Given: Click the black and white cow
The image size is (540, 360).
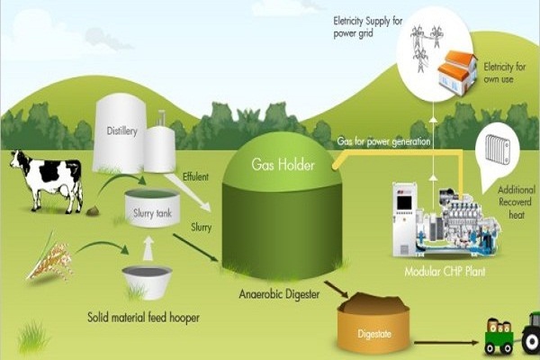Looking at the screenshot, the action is [49, 180].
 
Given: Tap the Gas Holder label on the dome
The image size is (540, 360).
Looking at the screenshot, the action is [283, 165].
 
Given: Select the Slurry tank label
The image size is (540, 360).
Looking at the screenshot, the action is [152, 213].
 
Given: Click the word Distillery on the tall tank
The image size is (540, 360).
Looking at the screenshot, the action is [121, 130].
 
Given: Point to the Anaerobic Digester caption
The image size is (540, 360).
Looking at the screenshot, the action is [279, 294].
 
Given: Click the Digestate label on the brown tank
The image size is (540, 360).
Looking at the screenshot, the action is [374, 334].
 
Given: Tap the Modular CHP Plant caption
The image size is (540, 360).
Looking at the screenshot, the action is [445, 272].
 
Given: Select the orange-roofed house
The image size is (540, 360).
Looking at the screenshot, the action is [458, 73].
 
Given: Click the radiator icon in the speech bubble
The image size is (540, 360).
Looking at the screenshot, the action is [498, 148].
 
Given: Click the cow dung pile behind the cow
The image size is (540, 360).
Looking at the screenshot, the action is [93, 211].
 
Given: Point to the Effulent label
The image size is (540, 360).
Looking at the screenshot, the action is [195, 177].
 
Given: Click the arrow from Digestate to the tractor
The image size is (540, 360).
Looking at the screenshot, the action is [446, 343].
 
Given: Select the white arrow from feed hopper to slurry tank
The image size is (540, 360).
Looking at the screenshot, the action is [148, 248].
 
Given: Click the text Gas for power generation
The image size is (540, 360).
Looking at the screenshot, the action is [383, 141].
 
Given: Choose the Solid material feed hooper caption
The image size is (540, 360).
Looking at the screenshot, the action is [144, 318].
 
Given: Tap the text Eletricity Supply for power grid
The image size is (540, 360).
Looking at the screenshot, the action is [368, 27].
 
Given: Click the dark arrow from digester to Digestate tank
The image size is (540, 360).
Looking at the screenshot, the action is [337, 289].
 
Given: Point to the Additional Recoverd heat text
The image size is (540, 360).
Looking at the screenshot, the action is [517, 202].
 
